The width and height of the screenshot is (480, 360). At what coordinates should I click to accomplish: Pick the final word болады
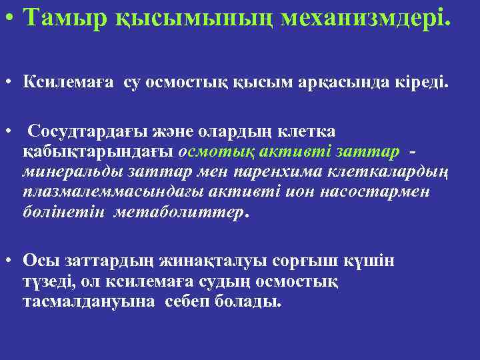pyautogui.click(x=247, y=301)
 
